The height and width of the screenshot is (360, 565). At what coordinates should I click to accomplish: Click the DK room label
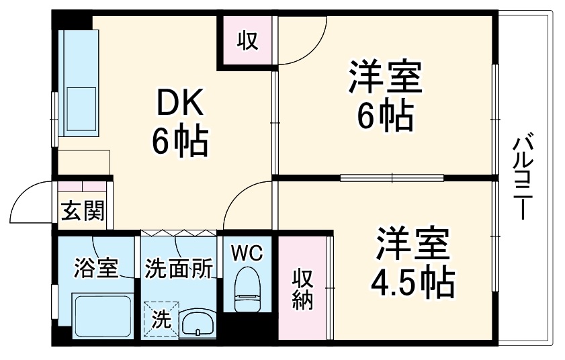click(179, 105)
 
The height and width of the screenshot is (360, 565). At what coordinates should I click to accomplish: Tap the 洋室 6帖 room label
click(384, 97)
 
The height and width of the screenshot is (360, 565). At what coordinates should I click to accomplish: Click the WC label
click(247, 253)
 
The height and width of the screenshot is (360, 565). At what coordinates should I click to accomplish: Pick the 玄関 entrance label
click(83, 212)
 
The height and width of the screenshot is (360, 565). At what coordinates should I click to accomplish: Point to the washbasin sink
click(197, 323)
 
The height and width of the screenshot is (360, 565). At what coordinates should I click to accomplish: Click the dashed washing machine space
click(161, 317)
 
